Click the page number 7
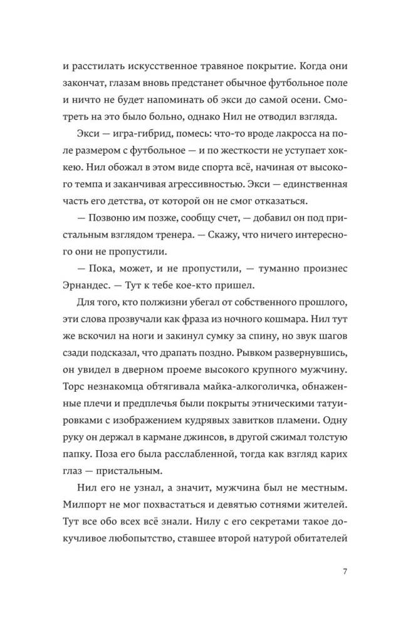[x=345, y=570]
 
